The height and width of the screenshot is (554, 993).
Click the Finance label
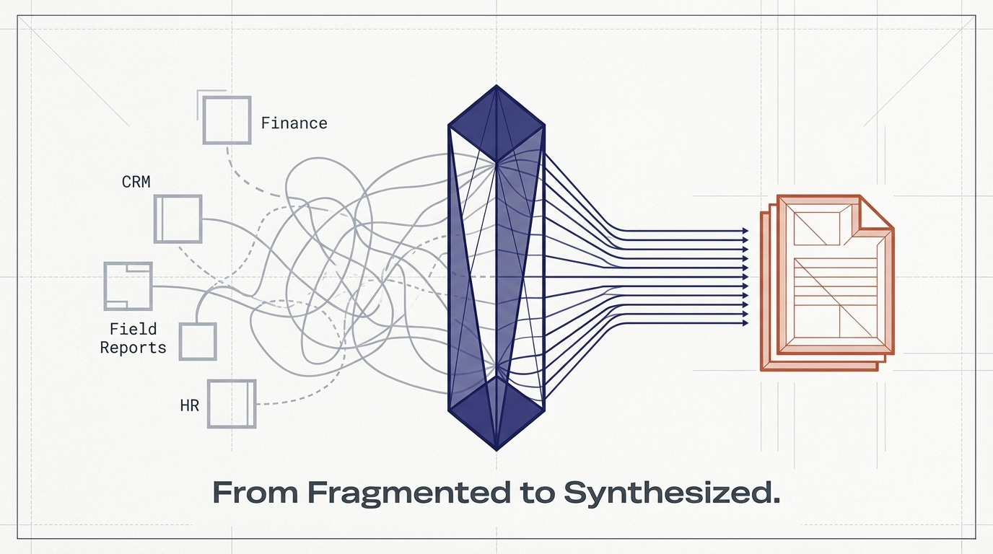(x=294, y=123)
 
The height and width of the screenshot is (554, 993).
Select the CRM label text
(x=136, y=181)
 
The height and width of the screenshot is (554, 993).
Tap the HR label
(x=188, y=405)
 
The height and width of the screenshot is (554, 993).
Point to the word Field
(x=133, y=329)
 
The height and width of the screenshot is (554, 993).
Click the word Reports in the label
(x=133, y=348)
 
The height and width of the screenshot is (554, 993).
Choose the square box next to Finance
(x=227, y=120)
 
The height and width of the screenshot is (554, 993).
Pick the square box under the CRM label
(x=178, y=219)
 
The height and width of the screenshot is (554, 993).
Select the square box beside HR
(x=232, y=403)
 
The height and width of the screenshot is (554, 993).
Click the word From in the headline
(x=255, y=493)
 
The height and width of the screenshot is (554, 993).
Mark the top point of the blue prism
(x=496, y=87)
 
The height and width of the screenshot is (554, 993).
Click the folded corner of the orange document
(x=875, y=214)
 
